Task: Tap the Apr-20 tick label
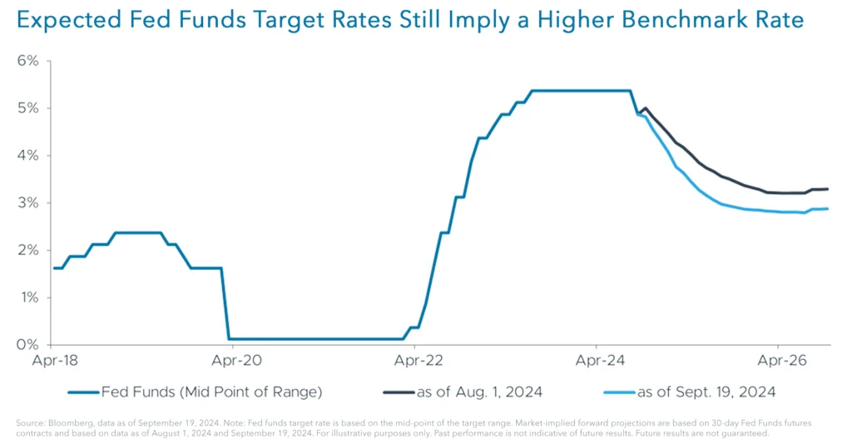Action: point(233,362)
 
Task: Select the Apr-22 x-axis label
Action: point(415,362)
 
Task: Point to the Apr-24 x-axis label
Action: point(597,362)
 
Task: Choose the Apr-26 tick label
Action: point(778,362)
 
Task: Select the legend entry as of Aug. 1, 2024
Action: point(474,392)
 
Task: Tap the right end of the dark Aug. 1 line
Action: point(827,189)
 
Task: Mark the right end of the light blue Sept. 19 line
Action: point(827,208)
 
